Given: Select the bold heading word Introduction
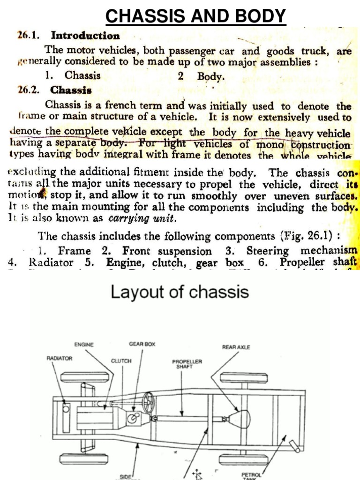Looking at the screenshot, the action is pos(85,36).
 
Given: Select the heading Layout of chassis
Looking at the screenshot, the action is pos(180,292).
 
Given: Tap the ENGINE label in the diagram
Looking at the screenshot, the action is pos(84,345).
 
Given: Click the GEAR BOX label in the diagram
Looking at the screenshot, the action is pos(142,344).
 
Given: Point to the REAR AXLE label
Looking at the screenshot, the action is pos(236,347).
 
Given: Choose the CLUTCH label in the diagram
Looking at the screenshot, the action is pos(121,361).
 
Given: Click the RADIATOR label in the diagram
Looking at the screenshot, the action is pos(60,358).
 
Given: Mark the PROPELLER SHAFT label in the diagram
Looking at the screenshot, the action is pos(187,364).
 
